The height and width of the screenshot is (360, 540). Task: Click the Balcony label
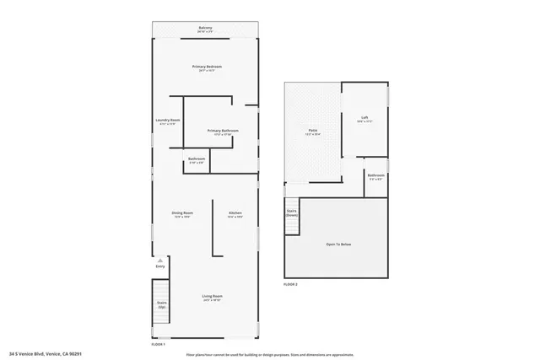pyautogui.click(x=205, y=29)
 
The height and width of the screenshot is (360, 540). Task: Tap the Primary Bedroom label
pyautogui.click(x=205, y=67)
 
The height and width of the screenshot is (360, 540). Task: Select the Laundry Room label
pyautogui.click(x=167, y=121)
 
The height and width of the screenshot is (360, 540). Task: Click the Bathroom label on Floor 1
pyautogui.click(x=197, y=160)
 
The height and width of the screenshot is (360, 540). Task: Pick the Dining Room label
pyautogui.click(x=183, y=214)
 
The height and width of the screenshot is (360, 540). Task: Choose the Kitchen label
pyautogui.click(x=235, y=214)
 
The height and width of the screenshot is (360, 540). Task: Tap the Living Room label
pyautogui.click(x=212, y=297)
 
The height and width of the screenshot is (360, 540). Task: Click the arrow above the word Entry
pyautogui.click(x=159, y=261)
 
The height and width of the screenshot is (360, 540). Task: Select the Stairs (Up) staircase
pyautogui.click(x=161, y=303)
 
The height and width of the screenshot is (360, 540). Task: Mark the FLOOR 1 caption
pyautogui.click(x=158, y=344)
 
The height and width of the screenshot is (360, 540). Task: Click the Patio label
pyautogui.click(x=312, y=132)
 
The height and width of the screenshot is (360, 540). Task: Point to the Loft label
pyautogui.click(x=364, y=120)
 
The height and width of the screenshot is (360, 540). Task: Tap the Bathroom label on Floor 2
pyautogui.click(x=376, y=176)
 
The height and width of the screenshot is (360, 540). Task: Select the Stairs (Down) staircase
pyautogui.click(x=292, y=213)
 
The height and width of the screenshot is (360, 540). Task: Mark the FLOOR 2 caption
pyautogui.click(x=290, y=284)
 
